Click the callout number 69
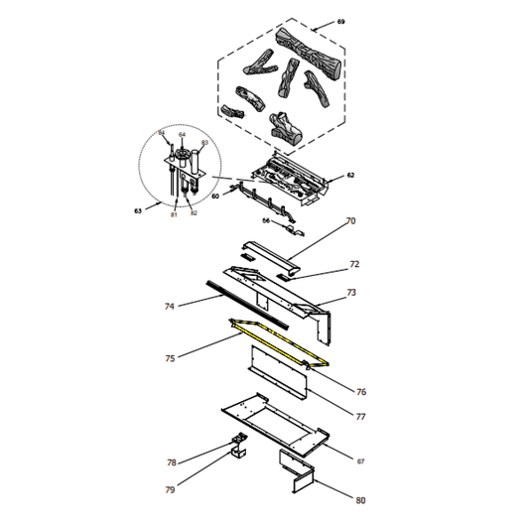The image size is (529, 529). tap(341, 21)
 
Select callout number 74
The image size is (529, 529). tap(170, 307)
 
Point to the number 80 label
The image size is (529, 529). tap(360, 500)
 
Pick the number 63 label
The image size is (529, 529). tap(137, 211)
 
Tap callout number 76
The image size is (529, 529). tap(361, 391)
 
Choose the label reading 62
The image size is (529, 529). tap(349, 176)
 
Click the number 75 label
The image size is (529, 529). tap(170, 358)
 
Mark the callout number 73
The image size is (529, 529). tap(350, 293)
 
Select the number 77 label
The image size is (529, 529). tap(360, 417)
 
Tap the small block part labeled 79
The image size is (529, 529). tap(238, 455)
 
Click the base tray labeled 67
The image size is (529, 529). tap(273, 422)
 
